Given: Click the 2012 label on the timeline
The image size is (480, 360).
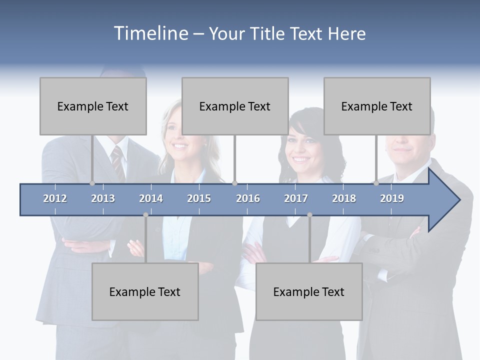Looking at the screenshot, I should pyautogui.click(x=55, y=198).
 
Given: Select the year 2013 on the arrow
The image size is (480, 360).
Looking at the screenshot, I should pyautogui.click(x=103, y=198).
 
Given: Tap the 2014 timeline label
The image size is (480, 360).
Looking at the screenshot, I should pyautogui.click(x=151, y=198).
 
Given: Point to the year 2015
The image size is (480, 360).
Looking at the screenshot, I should pyautogui.click(x=199, y=198).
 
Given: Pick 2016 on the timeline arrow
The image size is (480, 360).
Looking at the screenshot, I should pyautogui.click(x=248, y=198).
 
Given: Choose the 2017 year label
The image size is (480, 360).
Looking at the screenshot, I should pyautogui.click(x=296, y=198).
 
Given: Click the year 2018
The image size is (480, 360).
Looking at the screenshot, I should pyautogui.click(x=344, y=198).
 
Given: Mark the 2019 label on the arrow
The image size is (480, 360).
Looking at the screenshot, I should pyautogui.click(x=392, y=198).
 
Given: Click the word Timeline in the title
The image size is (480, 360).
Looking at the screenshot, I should pyautogui.click(x=150, y=33).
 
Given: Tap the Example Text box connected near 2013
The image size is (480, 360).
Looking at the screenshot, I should pyautogui.click(x=93, y=106).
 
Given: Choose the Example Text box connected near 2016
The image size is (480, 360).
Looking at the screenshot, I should pyautogui.click(x=235, y=106).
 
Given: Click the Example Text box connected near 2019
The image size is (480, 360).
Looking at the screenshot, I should pyautogui.click(x=377, y=106).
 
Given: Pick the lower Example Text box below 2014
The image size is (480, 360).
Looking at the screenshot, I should pyautogui.click(x=145, y=291).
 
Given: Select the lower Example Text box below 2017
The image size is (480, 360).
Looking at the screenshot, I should pyautogui.click(x=309, y=291).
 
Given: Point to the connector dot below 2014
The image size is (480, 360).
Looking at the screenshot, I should pyautogui.click(x=145, y=215).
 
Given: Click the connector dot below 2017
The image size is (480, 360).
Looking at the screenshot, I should pyautogui.click(x=309, y=215).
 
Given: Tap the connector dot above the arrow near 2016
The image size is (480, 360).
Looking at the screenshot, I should pyautogui.click(x=234, y=183).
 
